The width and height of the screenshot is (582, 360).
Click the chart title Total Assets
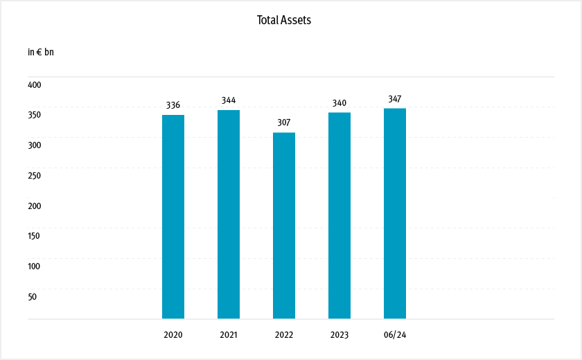pos(284,20)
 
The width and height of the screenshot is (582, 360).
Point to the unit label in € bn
pos(40,52)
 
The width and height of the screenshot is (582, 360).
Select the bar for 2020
pos(173,217)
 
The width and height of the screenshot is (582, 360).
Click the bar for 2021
pos(229,215)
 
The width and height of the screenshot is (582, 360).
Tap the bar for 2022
pos(284,226)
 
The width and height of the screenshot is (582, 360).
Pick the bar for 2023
pos(339,215)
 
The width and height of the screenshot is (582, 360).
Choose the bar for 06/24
pos(395,213)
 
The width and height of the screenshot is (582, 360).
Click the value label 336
pos(173,105)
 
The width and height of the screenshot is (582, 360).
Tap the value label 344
pos(229,100)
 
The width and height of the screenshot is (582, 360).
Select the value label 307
pos(284,123)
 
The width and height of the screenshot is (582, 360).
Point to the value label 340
pos(339,103)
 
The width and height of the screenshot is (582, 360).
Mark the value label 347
pos(395,99)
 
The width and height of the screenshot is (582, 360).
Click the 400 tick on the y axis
pos(35,84)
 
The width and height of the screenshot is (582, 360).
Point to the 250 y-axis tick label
pos(35,175)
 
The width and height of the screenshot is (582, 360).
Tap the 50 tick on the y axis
pos(33,296)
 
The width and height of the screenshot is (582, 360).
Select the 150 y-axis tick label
pos(35,235)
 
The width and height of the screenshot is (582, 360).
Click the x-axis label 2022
pos(284,335)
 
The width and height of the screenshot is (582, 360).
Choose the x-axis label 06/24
pos(395,335)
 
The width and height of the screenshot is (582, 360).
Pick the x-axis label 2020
pos(173,335)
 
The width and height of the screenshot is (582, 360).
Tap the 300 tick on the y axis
pos(35,145)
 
